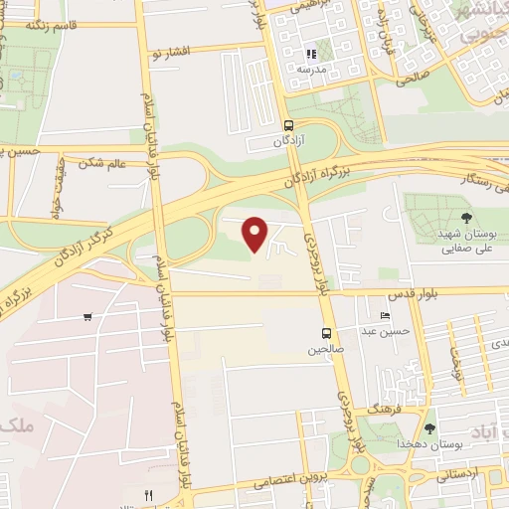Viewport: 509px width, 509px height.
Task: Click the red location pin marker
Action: click(x=255, y=234)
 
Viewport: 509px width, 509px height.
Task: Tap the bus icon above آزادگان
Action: click(x=288, y=126)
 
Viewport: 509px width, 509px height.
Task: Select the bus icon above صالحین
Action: click(x=325, y=333)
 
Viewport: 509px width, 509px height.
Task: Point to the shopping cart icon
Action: click(x=88, y=317)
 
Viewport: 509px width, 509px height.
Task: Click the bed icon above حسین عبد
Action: click(x=385, y=316)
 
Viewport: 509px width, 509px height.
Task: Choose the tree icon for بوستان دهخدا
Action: click(x=429, y=428)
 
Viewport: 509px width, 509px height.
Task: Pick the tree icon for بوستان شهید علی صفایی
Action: click(x=467, y=216)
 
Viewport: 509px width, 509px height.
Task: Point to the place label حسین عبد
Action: click(x=384, y=331)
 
